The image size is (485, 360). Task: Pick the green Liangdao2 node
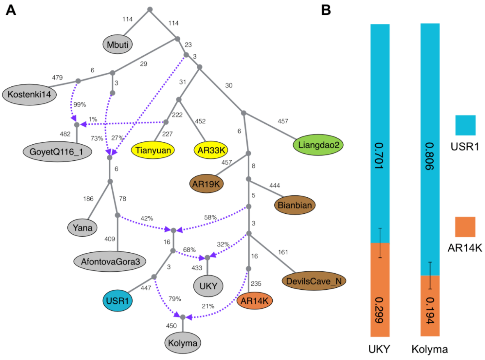[x=318, y=145]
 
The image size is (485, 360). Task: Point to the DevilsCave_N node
[x=314, y=281]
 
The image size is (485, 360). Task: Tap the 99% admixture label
[x=79, y=104]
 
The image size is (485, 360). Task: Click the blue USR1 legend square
[x=465, y=125]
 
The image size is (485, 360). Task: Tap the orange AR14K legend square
[x=465, y=227]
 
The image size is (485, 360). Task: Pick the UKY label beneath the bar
[x=379, y=350]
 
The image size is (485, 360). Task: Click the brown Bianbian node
[x=294, y=204]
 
